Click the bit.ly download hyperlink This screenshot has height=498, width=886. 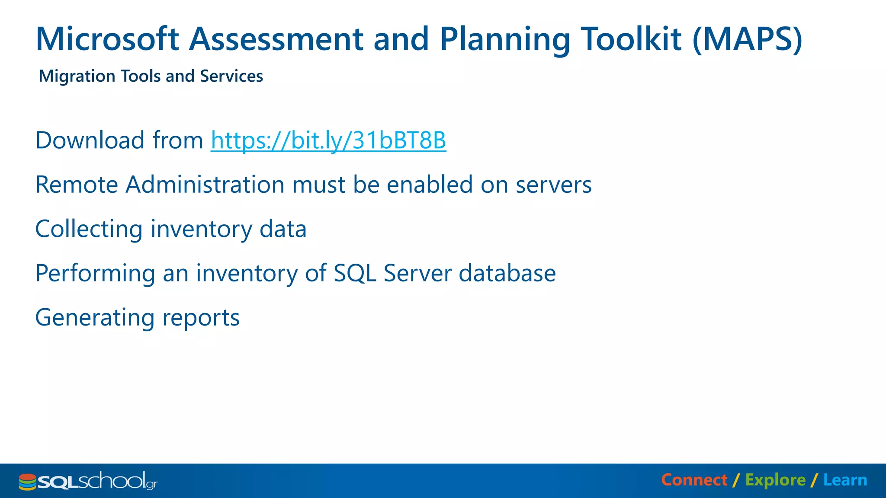(328, 140)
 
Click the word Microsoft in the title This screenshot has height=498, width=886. (107, 39)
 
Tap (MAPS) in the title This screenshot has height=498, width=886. (747, 39)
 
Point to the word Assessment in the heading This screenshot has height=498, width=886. (276, 39)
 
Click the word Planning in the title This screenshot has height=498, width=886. (505, 39)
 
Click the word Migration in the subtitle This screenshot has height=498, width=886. (77, 76)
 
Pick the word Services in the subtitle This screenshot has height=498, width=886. (231, 76)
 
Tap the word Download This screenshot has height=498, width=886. (90, 140)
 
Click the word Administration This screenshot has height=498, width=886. (205, 185)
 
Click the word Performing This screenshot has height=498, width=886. (95, 273)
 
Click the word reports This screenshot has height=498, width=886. (201, 318)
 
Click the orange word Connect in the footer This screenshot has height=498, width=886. (694, 480)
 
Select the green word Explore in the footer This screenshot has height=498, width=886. (775, 480)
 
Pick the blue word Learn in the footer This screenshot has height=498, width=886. (845, 480)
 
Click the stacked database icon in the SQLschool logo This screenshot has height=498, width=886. (27, 482)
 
